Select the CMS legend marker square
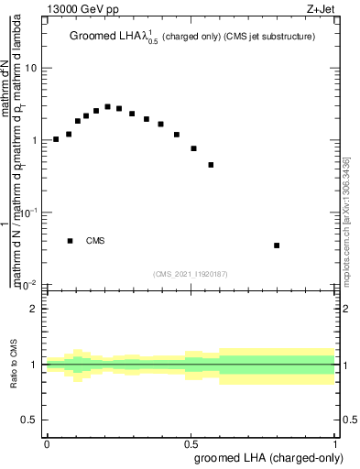(70, 241)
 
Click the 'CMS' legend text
(95, 241)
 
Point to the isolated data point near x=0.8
(277, 245)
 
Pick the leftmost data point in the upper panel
(56, 139)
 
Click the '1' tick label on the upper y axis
(34, 140)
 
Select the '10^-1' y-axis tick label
(29, 212)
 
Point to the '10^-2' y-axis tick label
(29, 284)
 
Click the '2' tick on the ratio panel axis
(34, 309)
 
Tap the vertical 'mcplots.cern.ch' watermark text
(345, 220)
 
